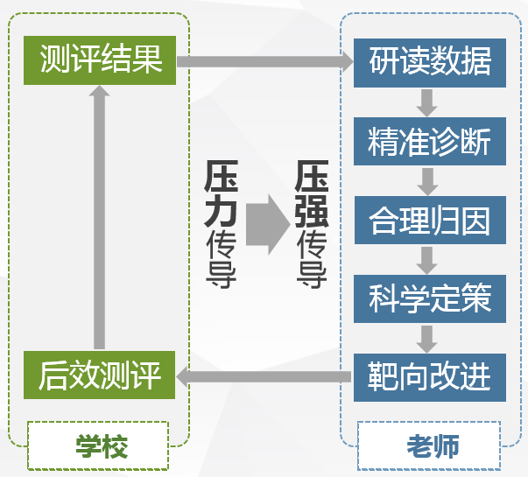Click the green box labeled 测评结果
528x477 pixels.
coord(101,60)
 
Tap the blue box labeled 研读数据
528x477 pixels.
coord(429,62)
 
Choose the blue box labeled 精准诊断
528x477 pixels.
coord(429,141)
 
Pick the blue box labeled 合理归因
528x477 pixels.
coord(429,220)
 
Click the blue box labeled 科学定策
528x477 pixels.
coord(429,298)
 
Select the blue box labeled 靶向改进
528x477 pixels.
coord(429,376)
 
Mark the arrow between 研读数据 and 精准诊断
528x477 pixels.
coord(427,102)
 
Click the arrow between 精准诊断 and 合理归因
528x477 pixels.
coord(427,180)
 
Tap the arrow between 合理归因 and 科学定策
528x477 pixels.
coord(427,259)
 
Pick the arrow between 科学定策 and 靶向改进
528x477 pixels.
coord(427,338)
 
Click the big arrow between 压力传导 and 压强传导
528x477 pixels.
coord(265,224)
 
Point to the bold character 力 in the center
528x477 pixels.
coord(222,211)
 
